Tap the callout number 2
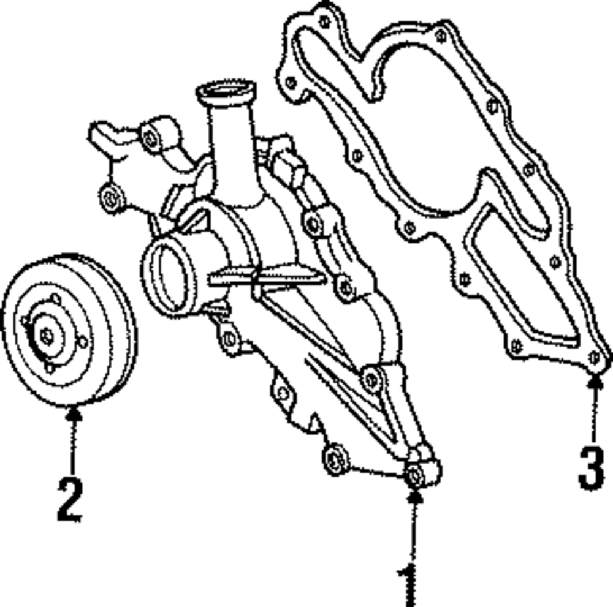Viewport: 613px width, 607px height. [x=69, y=499]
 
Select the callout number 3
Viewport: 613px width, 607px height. [x=592, y=469]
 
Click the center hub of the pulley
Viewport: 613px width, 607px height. [x=47, y=336]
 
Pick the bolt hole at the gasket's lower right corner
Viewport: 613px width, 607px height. [x=593, y=357]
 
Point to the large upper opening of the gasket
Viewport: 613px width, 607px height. [x=429, y=123]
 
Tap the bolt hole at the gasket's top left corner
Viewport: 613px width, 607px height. [x=324, y=22]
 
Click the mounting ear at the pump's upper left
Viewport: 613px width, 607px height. [x=151, y=138]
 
